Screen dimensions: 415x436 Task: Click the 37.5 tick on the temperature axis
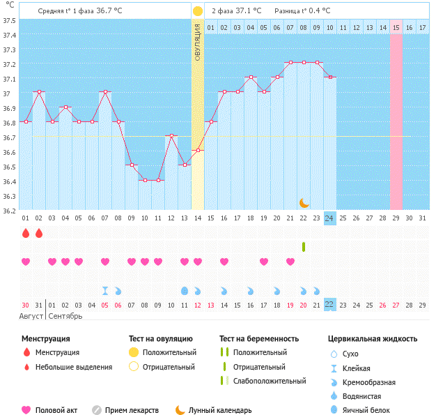coord(10,20)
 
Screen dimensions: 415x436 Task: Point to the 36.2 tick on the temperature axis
coord(10,210)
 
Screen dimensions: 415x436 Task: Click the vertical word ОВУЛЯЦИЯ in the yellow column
coord(198,42)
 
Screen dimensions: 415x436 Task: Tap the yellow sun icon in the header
coord(198,11)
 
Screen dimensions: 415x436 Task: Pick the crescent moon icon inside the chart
coord(304,202)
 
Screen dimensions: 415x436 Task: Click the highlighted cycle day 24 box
coord(329,218)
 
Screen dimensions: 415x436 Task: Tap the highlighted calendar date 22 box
coord(329,305)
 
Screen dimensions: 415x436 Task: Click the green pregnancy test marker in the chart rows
coord(304,246)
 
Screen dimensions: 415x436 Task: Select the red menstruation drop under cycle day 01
coord(26,232)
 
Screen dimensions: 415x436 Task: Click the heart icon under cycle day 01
coord(26,262)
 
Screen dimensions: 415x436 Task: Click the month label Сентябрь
coord(65,316)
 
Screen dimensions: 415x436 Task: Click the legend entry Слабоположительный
coord(269,381)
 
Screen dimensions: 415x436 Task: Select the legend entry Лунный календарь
coord(219,410)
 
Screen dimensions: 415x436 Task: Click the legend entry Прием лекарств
coord(132,410)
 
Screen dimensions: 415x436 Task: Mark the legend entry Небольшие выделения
coord(73,367)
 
